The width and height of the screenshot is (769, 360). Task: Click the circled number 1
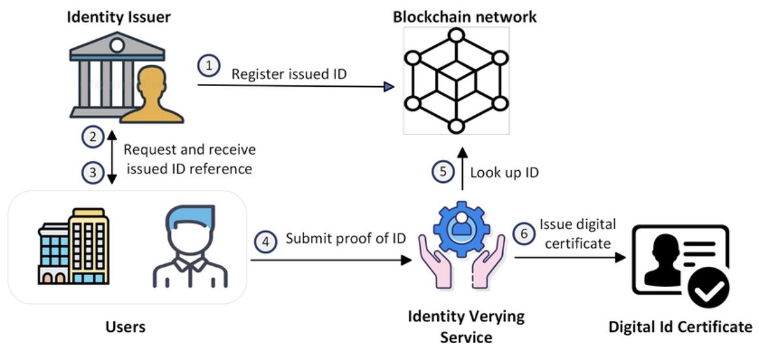tap(209, 66)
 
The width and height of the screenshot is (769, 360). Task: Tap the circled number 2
tap(93, 137)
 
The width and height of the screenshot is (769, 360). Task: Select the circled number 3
tap(93, 173)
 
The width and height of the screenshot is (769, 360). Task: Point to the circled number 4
tap(265, 241)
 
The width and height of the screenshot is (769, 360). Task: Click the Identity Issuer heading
tap(119, 17)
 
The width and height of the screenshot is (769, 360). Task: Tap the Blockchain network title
tap(464, 17)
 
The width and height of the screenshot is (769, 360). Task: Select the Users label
tap(125, 325)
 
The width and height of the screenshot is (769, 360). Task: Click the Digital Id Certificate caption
tap(680, 326)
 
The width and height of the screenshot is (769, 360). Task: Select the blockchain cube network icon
tap(455, 81)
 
